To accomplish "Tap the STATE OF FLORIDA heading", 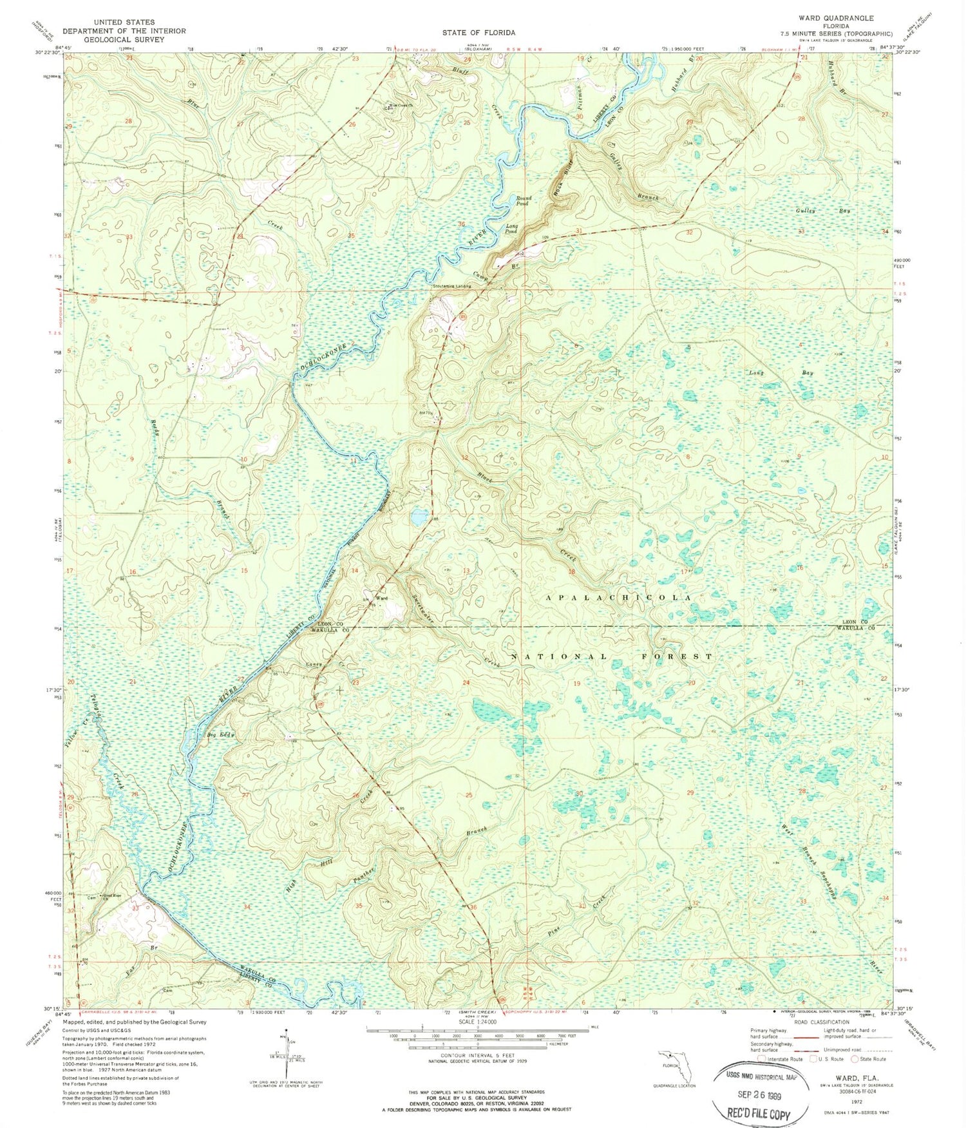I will pyautogui.click(x=478, y=32).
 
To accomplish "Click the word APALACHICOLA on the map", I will pyautogui.click(x=619, y=598).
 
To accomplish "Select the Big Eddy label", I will pyautogui.click(x=221, y=734).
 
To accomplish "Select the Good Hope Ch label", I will pyautogui.click(x=112, y=896).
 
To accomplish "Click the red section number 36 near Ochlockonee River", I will pyautogui.click(x=460, y=224).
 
